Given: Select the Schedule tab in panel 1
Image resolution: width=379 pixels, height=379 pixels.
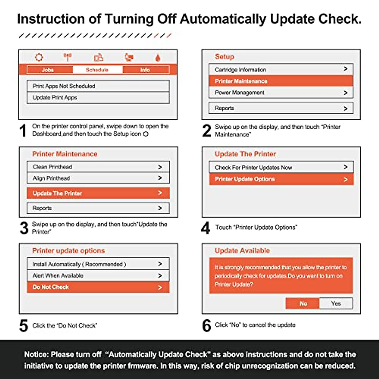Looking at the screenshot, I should click(97, 70).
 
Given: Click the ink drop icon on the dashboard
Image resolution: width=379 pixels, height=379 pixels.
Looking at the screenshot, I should click(158, 58).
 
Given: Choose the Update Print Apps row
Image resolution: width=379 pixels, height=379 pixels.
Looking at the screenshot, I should click(98, 98).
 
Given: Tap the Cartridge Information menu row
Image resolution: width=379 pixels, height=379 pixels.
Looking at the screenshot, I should click(280, 69).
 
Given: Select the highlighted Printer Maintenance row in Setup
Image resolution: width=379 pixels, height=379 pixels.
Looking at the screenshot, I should click(280, 81).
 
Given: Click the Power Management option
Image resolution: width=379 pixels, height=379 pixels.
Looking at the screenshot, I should click(280, 93).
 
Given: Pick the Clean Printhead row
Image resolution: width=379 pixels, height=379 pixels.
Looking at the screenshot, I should click(98, 167).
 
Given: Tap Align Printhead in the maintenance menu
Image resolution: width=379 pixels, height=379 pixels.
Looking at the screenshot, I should click(98, 178).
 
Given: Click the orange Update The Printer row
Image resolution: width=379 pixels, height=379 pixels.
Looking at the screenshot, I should click(98, 193).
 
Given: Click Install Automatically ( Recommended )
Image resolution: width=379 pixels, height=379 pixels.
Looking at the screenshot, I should click(98, 264).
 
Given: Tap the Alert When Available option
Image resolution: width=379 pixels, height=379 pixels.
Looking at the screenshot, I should click(98, 275).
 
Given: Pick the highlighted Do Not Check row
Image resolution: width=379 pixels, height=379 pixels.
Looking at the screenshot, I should click(98, 287).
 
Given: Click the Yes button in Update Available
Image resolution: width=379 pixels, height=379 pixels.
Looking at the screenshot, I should click(336, 304).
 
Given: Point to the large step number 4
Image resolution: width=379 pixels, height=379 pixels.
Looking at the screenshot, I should click(206, 228).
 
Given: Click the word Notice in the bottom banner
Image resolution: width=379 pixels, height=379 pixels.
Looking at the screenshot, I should click(35, 354).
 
